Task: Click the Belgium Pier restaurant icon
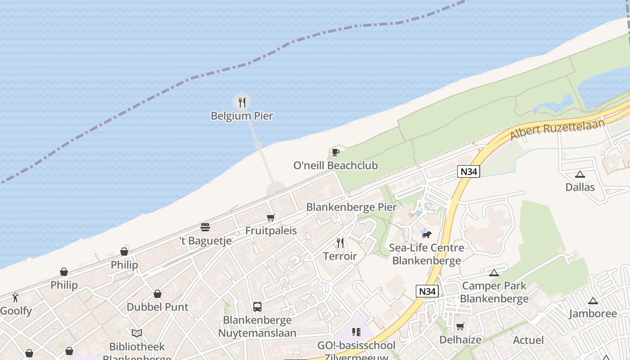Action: [x=242, y=102]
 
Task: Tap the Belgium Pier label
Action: [x=242, y=116]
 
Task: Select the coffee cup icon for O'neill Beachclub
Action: [x=335, y=152]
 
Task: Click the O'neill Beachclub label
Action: [x=335, y=166]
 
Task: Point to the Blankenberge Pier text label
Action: [x=351, y=207]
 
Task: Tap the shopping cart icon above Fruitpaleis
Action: [x=271, y=218]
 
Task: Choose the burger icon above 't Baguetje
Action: [x=205, y=227]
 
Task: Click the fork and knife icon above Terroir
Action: [x=340, y=243]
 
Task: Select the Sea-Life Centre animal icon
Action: [x=426, y=234]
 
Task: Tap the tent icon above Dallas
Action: [x=580, y=174]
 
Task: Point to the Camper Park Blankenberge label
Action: [x=494, y=292]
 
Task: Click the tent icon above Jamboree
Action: [x=593, y=301]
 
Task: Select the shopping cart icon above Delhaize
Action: [x=460, y=326]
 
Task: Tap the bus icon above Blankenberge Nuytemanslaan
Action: [x=257, y=307]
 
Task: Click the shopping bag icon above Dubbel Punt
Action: [x=157, y=294]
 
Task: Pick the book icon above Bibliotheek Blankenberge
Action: [x=137, y=333]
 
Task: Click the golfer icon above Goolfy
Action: [x=16, y=297]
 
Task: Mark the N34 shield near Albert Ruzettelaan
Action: [x=469, y=171]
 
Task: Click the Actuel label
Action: [x=528, y=340]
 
